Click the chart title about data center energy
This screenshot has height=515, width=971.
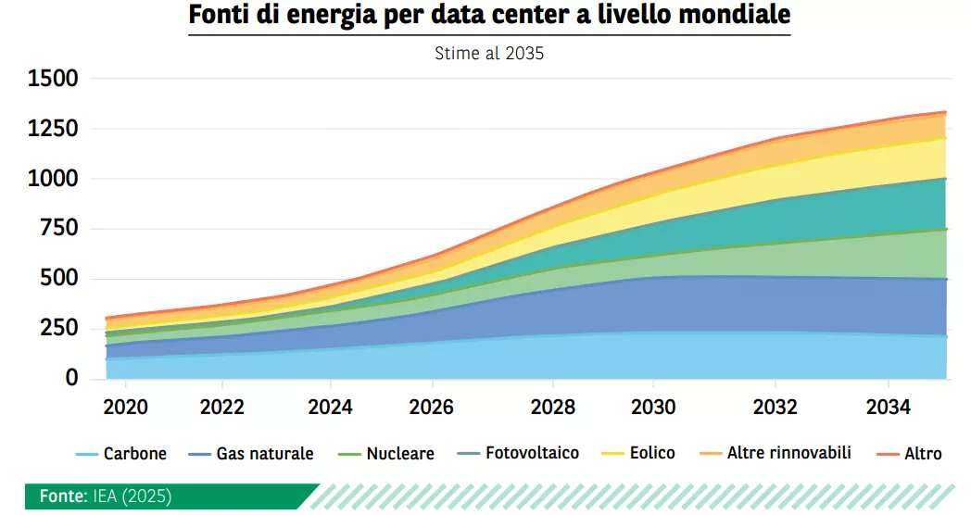pos(489,17)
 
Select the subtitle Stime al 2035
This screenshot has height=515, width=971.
pos(489,54)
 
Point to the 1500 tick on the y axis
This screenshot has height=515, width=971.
pos(53,79)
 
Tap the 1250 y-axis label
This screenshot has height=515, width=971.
pos(53,129)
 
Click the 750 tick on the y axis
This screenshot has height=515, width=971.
pos(59,229)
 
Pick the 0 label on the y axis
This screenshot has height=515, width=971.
pos(71,378)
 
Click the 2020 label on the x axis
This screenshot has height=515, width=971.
pos(125,408)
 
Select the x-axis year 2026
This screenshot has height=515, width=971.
pos(433,408)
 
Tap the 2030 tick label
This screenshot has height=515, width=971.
pos(654,408)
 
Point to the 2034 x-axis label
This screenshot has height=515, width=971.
pos(889,408)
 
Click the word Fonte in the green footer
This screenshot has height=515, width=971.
pos(63,496)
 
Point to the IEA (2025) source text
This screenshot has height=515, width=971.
pos(132,496)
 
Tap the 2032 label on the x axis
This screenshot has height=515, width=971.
pos(776,408)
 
